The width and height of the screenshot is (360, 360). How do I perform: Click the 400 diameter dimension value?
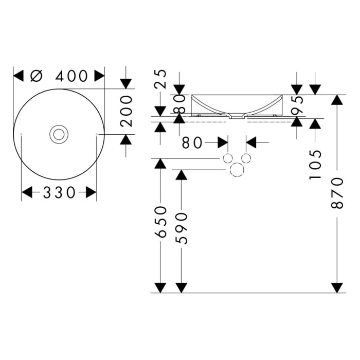[x=71, y=76]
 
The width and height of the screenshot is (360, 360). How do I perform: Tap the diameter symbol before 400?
[x=36, y=76]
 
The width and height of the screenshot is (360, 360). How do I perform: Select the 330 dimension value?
[x=59, y=192]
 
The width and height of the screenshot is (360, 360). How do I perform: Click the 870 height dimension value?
[x=337, y=192]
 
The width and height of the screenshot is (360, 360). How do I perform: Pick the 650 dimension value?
[x=161, y=222]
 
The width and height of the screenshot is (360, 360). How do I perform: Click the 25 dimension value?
[x=161, y=80]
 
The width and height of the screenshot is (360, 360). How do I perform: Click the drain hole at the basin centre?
[x=59, y=134]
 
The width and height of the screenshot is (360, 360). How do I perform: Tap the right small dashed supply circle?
[x=246, y=157]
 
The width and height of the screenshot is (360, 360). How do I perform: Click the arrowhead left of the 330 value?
[x=27, y=192]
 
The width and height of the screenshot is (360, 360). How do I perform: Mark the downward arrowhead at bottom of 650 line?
[x=160, y=287]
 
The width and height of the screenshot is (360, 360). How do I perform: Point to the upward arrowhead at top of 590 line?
[x=181, y=175]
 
